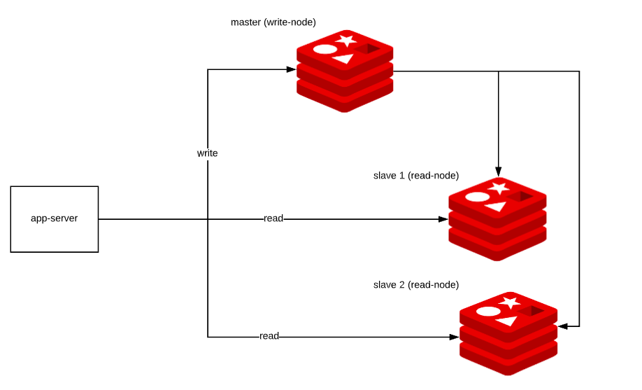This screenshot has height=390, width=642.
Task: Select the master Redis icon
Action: [x=345, y=71]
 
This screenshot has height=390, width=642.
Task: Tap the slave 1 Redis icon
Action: [x=497, y=218]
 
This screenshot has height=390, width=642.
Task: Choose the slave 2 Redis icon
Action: [x=508, y=333]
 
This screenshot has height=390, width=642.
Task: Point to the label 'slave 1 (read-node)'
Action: [x=416, y=174]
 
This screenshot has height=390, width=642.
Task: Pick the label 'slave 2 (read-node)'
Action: [x=416, y=285]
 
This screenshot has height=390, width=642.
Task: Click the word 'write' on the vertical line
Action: [x=207, y=153]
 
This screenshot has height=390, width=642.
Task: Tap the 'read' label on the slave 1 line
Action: [x=273, y=218]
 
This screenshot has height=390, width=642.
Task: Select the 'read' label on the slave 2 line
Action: [x=269, y=336]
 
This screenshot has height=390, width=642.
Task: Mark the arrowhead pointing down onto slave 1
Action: [x=498, y=171]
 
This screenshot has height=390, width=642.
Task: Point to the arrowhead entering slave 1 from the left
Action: [x=443, y=219]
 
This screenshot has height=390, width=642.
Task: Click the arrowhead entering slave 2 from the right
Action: [x=562, y=326]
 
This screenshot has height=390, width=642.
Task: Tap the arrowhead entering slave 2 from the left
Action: [x=454, y=337]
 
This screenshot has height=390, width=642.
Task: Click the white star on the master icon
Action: [x=345, y=41]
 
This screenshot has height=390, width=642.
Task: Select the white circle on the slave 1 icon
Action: [x=476, y=197]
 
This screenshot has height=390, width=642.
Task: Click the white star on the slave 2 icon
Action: [x=510, y=302]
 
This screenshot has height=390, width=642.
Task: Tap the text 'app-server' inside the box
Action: [x=55, y=218]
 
